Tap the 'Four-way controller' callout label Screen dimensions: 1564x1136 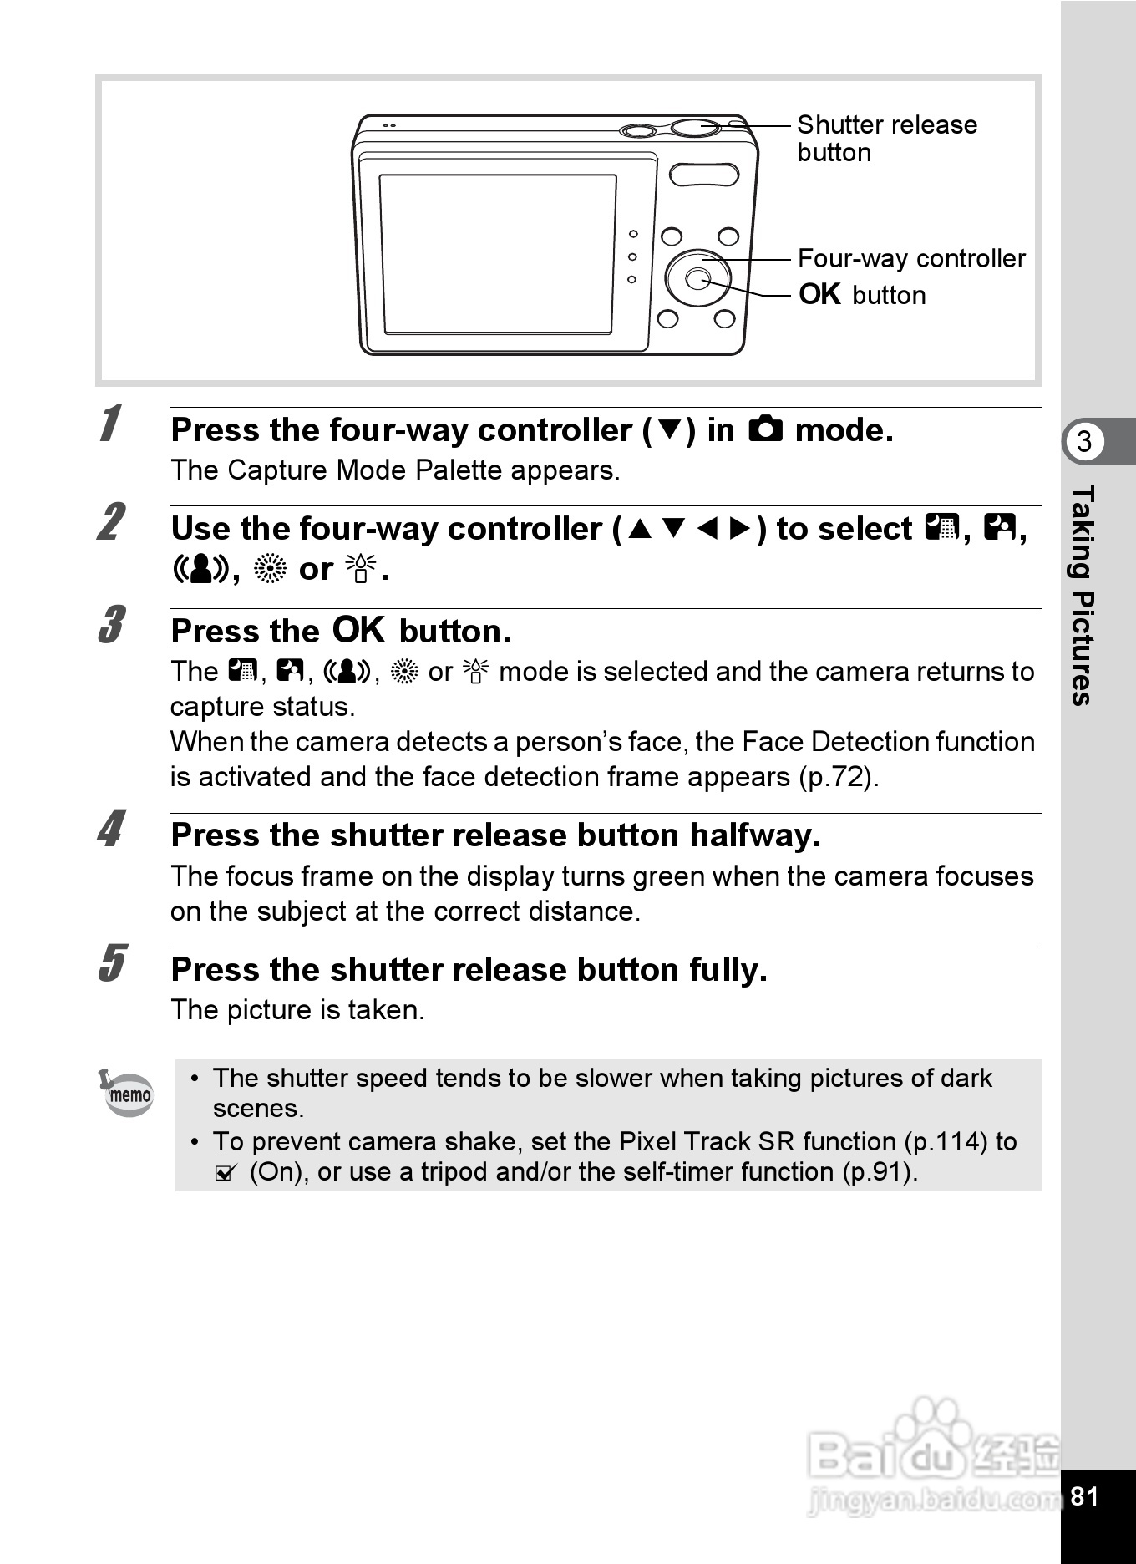point(910,258)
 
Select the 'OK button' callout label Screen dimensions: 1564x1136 point(862,294)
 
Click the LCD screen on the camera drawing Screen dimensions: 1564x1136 point(498,253)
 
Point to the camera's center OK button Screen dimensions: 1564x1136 point(697,278)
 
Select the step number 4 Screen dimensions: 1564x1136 point(111,829)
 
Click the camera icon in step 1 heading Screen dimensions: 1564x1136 point(765,429)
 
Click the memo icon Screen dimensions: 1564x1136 point(127,1093)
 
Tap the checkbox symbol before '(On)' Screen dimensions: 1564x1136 point(224,1173)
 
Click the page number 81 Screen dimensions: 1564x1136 point(1084,1495)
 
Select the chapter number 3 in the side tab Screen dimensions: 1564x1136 point(1084,441)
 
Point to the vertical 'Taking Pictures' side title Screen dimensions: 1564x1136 point(1083,595)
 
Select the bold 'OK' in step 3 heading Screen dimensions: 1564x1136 point(358,630)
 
